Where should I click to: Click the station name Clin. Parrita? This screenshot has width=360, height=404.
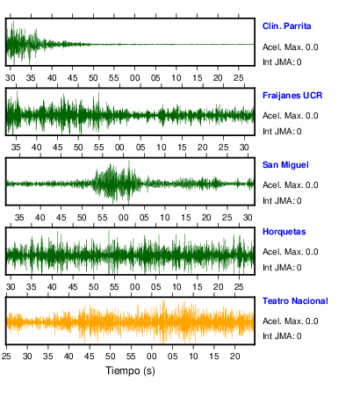coord(286,26)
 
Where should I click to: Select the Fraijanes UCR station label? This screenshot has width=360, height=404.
coord(292,96)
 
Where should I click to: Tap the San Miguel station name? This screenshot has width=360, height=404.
coord(285,165)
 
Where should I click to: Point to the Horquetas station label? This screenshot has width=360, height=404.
coord(284,232)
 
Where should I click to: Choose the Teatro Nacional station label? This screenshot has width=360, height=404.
coord(295,301)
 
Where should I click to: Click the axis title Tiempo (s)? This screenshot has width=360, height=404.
coord(130,371)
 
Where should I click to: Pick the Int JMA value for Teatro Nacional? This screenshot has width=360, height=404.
coord(299,336)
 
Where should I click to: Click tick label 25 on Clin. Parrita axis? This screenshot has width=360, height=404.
coord(239,78)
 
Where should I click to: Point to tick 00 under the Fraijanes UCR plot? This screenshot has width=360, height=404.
coord(119,148)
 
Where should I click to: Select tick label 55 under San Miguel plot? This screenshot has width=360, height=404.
coord(103,218)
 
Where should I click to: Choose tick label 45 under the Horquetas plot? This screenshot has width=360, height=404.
coord(73,287)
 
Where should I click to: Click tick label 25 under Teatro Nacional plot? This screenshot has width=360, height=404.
coord(6,357)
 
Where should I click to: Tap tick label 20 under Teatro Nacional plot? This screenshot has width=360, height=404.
coord(234,357)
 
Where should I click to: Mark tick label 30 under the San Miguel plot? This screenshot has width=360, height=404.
coord(248,218)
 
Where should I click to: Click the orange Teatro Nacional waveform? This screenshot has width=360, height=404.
coord(130,322)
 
